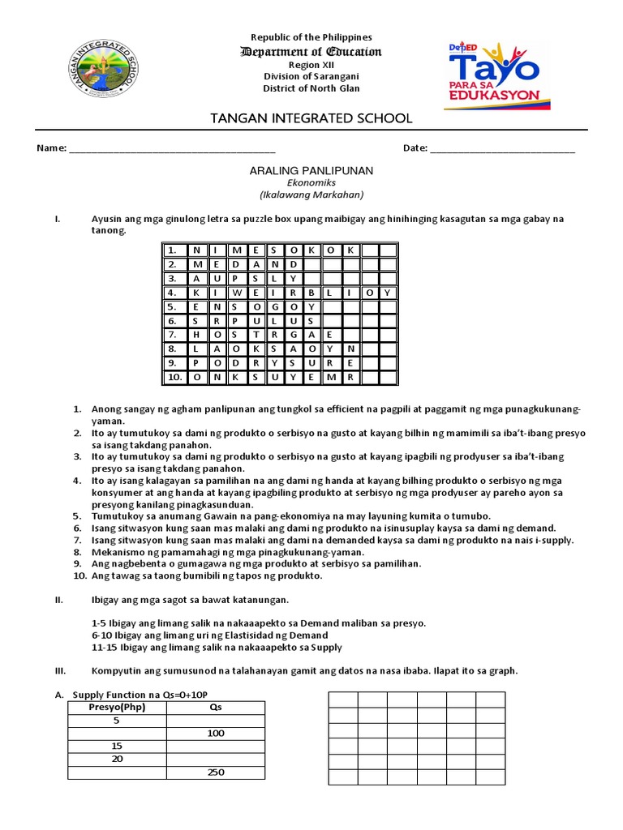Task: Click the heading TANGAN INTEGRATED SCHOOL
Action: pos(311,118)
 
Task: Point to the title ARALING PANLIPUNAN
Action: pos(310,171)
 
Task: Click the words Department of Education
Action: pos(311,52)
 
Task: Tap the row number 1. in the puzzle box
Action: pos(173,250)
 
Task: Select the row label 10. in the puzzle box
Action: pos(174,377)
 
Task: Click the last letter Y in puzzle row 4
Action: pos(388,293)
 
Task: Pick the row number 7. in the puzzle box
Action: pos(173,335)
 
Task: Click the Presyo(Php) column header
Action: pos(116,707)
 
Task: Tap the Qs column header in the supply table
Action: pos(215,707)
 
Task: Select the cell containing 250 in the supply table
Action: pos(215,772)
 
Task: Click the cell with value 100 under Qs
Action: pos(215,734)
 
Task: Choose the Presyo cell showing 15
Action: pos(116,747)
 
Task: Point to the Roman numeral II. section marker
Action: pos(58,600)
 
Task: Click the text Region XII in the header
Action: pos(311,65)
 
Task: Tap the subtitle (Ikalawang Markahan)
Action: pos(311,195)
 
